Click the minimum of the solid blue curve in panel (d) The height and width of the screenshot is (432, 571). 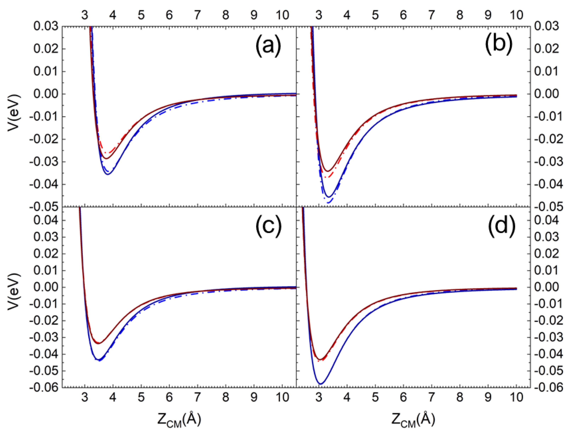point(320,384)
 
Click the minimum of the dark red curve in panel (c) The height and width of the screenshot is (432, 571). point(99,343)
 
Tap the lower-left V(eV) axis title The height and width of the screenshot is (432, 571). point(14,291)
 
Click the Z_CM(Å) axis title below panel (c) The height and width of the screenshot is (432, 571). point(179,420)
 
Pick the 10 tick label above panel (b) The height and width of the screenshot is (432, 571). point(516,15)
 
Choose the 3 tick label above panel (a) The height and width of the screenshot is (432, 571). point(85,15)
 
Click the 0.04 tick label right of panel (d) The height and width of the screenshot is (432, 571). point(546,220)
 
